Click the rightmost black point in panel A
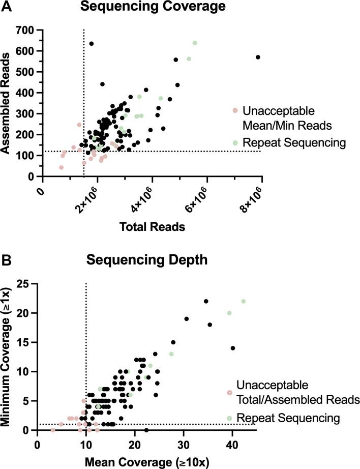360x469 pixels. pos(258,57)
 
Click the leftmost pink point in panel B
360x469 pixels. pos(53,430)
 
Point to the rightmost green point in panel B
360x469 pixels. pos(243,301)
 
